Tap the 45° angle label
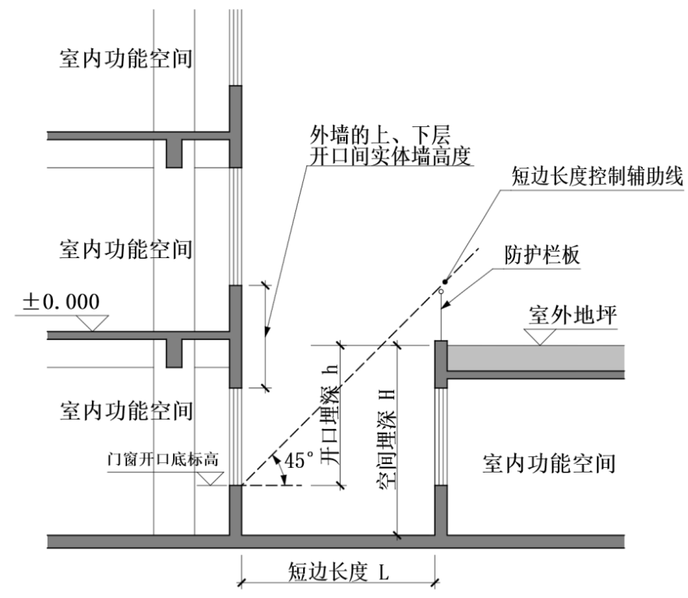point(299,461)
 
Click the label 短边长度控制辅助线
point(595,176)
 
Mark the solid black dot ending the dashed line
point(445,281)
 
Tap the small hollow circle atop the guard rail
point(440,292)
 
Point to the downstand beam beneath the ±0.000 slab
point(175,355)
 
